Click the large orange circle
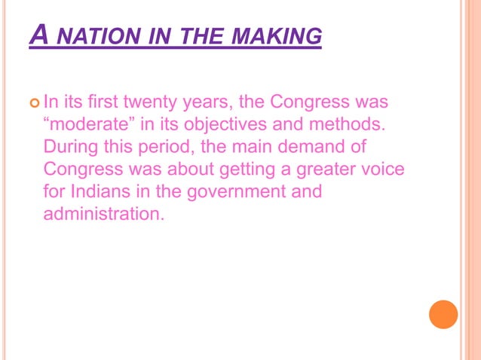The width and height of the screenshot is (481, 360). tap(443, 314)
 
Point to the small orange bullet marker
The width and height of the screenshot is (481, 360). tap(35, 101)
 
